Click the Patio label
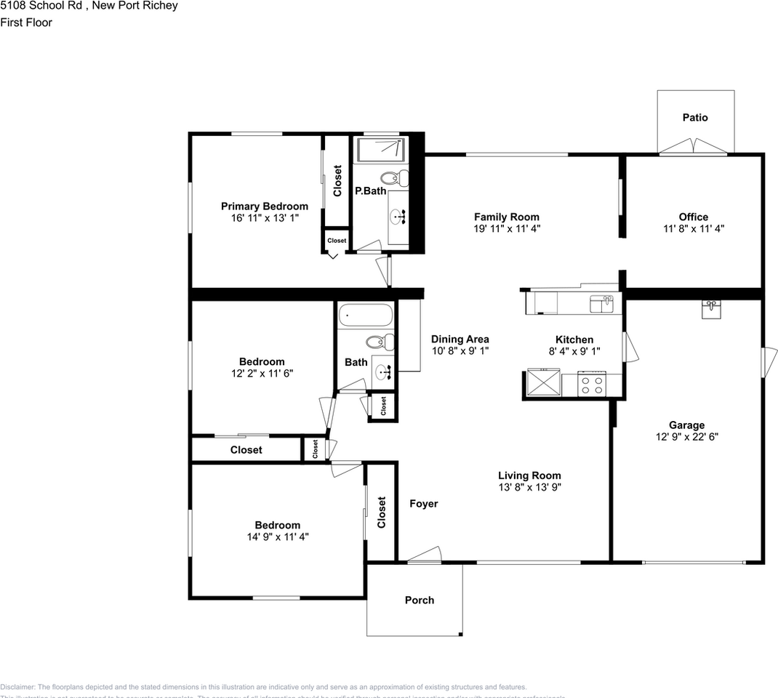(x=694, y=117)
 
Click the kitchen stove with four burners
(x=592, y=383)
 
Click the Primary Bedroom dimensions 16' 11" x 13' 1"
(x=264, y=217)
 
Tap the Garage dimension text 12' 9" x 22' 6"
(x=686, y=437)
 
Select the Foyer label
(x=423, y=503)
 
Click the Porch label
(x=419, y=600)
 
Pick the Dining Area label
(x=460, y=339)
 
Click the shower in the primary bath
(x=380, y=149)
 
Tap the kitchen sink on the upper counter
(x=601, y=303)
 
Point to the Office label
(x=693, y=217)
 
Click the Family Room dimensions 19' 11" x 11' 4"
(x=506, y=228)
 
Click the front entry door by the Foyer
(x=424, y=556)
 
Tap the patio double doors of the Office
(x=693, y=148)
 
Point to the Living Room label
(x=529, y=476)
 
